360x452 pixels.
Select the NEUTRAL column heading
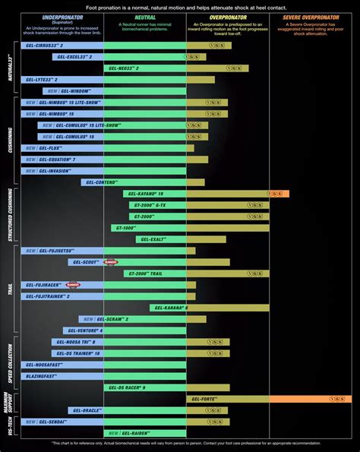tap(144, 15)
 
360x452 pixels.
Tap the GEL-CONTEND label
tap(102, 182)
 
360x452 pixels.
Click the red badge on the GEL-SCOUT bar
tap(111, 262)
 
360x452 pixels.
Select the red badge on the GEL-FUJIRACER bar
tap(73, 285)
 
